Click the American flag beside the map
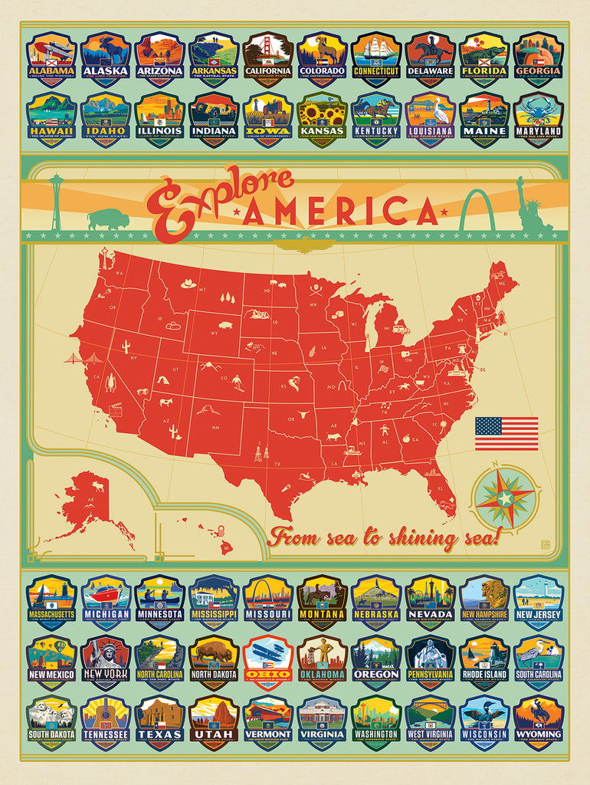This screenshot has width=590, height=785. (506, 433)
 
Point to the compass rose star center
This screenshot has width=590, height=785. (505, 498)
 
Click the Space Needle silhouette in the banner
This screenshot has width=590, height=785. (56, 202)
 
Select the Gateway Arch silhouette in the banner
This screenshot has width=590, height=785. (478, 211)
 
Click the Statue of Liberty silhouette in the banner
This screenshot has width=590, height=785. (529, 205)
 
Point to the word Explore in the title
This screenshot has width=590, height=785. (211, 195)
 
